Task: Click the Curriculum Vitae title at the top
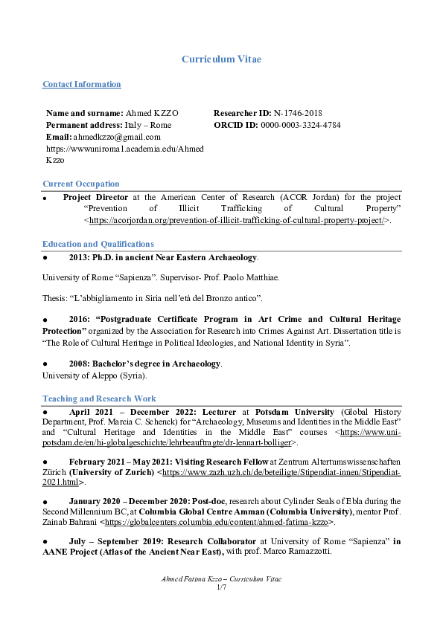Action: tap(221, 59)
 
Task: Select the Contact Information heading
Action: tap(82, 85)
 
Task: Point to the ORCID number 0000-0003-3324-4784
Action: tap(300, 125)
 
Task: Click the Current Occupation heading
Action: tap(81, 184)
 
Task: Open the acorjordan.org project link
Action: tap(237, 221)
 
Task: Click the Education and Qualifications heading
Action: tap(98, 244)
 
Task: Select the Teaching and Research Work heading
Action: tap(99, 398)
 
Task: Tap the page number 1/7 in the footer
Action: tap(221, 587)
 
